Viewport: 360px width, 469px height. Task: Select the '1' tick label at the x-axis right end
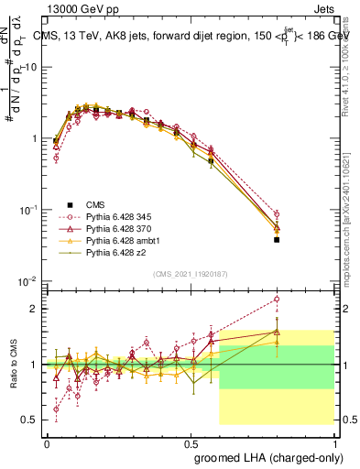[x=334, y=442]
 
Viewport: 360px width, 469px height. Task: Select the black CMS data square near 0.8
[x=277, y=240]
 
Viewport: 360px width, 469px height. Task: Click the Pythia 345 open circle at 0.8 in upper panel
[x=277, y=214]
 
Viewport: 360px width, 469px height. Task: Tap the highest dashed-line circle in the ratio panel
[x=277, y=299]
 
